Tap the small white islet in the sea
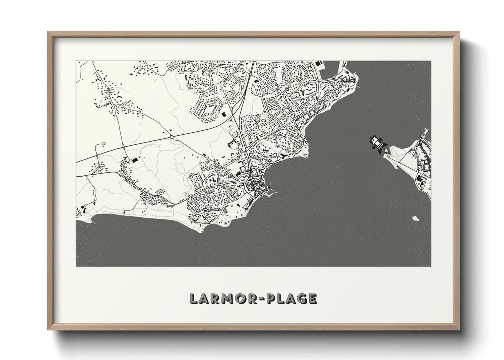pos(415,218)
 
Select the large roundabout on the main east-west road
pos(172,137)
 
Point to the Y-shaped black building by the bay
pos(284,156)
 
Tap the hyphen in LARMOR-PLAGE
pos(260,299)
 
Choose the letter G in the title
pos(299,298)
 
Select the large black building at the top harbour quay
pos(319,64)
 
